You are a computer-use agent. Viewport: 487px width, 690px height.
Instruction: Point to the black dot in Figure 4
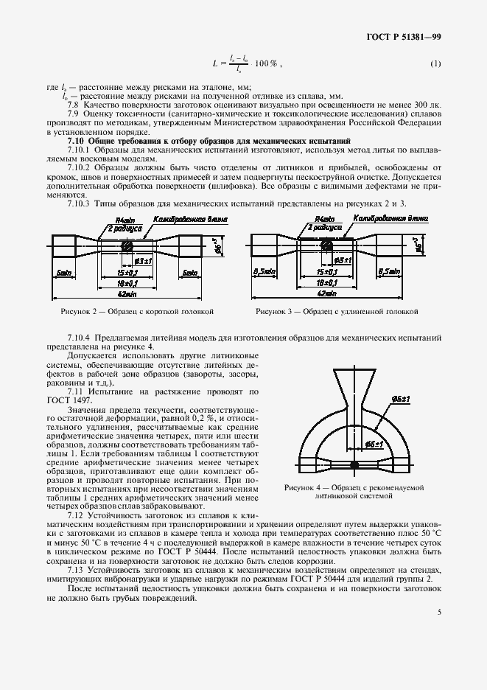click(354, 464)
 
